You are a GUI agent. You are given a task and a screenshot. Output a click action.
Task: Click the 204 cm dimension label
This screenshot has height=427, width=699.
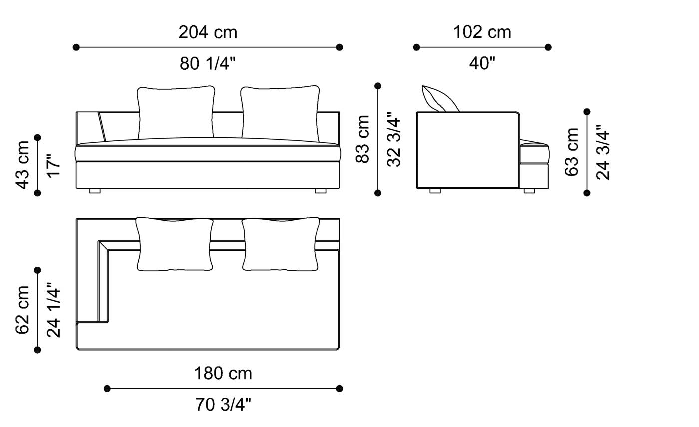(208, 32)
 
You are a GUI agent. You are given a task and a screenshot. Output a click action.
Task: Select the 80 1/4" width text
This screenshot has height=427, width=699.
(208, 63)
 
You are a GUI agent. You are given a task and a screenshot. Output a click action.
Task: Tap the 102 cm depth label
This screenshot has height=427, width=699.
(482, 32)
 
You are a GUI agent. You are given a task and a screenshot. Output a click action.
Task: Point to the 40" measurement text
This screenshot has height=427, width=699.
(482, 63)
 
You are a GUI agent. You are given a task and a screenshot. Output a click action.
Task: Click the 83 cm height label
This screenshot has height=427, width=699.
(363, 139)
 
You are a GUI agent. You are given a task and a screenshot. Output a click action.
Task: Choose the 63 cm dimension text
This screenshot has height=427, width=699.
(572, 152)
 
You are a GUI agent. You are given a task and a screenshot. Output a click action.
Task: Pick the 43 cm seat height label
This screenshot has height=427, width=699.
(23, 165)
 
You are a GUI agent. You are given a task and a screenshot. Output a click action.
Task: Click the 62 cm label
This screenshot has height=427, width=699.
(23, 310)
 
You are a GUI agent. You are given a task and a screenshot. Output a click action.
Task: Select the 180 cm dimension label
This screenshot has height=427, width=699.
(223, 373)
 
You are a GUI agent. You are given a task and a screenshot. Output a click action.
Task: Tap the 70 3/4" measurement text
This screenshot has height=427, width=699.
(223, 405)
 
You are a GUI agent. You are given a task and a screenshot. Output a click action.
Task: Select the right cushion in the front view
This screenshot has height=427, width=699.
(280, 114)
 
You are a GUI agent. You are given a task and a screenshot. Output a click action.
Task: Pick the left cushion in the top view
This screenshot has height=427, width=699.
(175, 244)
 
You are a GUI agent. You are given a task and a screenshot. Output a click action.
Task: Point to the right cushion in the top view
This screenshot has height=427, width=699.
(281, 244)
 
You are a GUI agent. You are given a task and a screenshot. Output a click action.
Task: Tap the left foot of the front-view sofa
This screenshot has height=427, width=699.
(95, 191)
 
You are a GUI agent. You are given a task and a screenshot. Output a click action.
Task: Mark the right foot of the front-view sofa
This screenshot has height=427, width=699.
(321, 191)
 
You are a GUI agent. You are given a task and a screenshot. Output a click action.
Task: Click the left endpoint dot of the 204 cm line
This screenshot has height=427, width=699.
(76, 47)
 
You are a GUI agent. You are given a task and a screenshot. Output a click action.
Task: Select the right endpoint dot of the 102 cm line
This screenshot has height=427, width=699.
(548, 47)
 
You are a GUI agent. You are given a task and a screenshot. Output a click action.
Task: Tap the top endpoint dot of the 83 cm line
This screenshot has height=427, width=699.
(378, 86)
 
